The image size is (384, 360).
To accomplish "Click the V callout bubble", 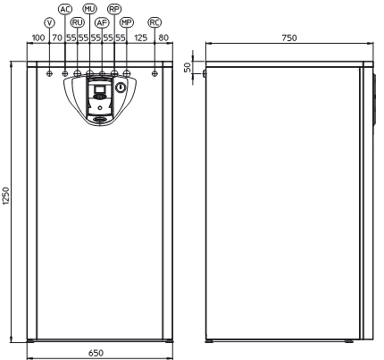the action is coord(49,22).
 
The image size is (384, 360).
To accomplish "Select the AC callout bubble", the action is coord(65,9).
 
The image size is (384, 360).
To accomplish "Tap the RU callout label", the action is coord(78,22).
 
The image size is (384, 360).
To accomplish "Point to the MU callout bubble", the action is coord(89,9).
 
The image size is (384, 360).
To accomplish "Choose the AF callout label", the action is coord(102,22).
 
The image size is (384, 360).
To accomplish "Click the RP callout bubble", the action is coord(114,9).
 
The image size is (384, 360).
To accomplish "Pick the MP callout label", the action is coord(127,22).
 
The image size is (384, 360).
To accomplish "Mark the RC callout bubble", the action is coord(154,22).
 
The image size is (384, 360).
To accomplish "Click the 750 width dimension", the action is coord(289,38).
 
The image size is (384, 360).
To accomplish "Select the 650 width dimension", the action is coord(96,353).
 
